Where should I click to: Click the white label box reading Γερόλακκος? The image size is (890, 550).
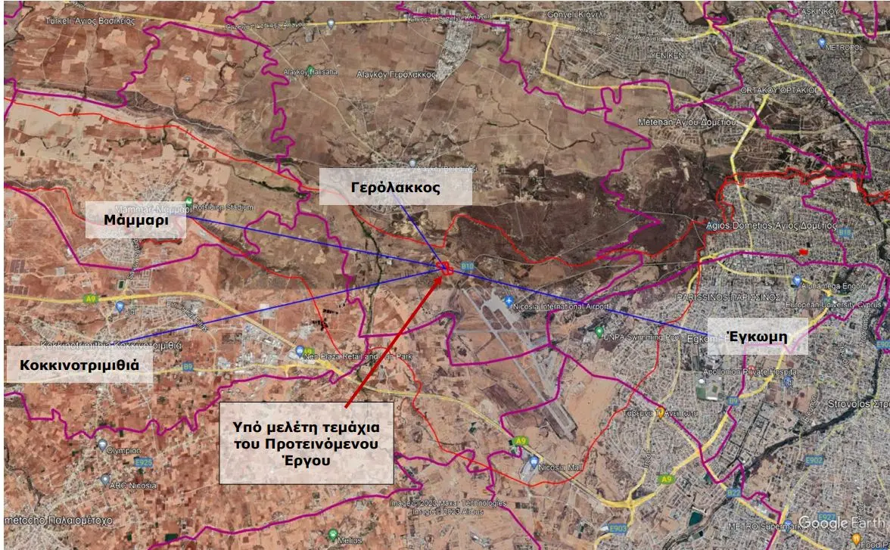(x=395, y=188)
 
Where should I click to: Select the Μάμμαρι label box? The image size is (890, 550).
(x=135, y=220)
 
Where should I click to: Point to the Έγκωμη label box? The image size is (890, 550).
(x=756, y=337)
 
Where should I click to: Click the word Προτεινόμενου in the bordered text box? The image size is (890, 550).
(x=306, y=442)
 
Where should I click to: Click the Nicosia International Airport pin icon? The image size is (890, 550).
(x=509, y=301)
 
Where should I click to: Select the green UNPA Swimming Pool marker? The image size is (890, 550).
(x=599, y=331)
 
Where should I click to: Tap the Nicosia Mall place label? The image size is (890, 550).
(x=561, y=468)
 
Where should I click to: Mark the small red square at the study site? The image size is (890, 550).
(x=445, y=267)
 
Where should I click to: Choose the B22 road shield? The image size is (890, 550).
(x=733, y=493)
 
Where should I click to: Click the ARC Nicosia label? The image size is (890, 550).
(x=132, y=485)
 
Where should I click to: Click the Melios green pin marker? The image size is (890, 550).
(x=333, y=534)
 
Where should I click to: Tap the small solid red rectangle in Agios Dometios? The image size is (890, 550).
(x=804, y=250)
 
